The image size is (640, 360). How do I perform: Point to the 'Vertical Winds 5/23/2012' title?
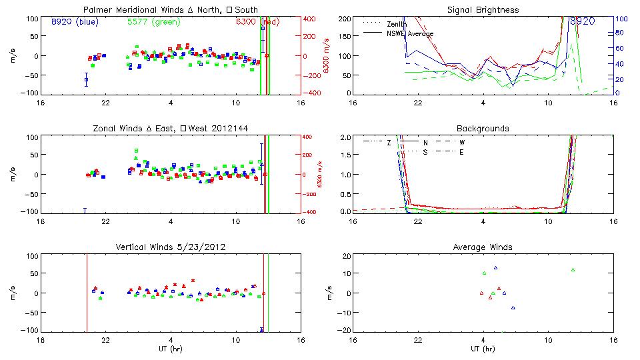171,247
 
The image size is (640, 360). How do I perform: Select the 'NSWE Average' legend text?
410,33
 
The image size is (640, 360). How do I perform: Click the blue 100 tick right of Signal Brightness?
619,19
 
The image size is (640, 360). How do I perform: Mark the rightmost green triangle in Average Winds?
573,269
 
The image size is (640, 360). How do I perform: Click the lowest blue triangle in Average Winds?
513,307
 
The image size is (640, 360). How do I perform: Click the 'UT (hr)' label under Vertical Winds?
171,349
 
